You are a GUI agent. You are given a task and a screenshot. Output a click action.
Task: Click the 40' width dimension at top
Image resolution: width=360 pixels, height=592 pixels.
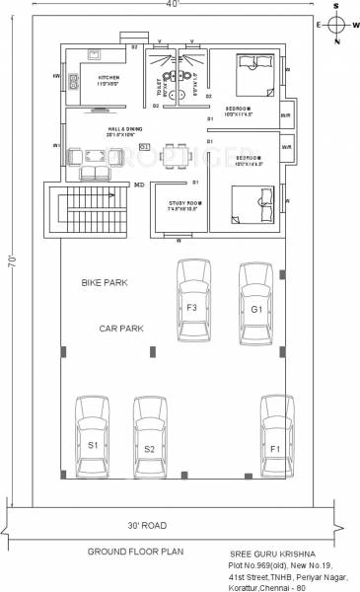[x=179, y=6]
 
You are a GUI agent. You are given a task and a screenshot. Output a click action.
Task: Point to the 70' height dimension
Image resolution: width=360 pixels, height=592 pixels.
[x=8, y=264]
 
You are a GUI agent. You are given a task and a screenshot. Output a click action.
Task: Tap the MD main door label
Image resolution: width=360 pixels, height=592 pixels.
[x=138, y=185]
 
